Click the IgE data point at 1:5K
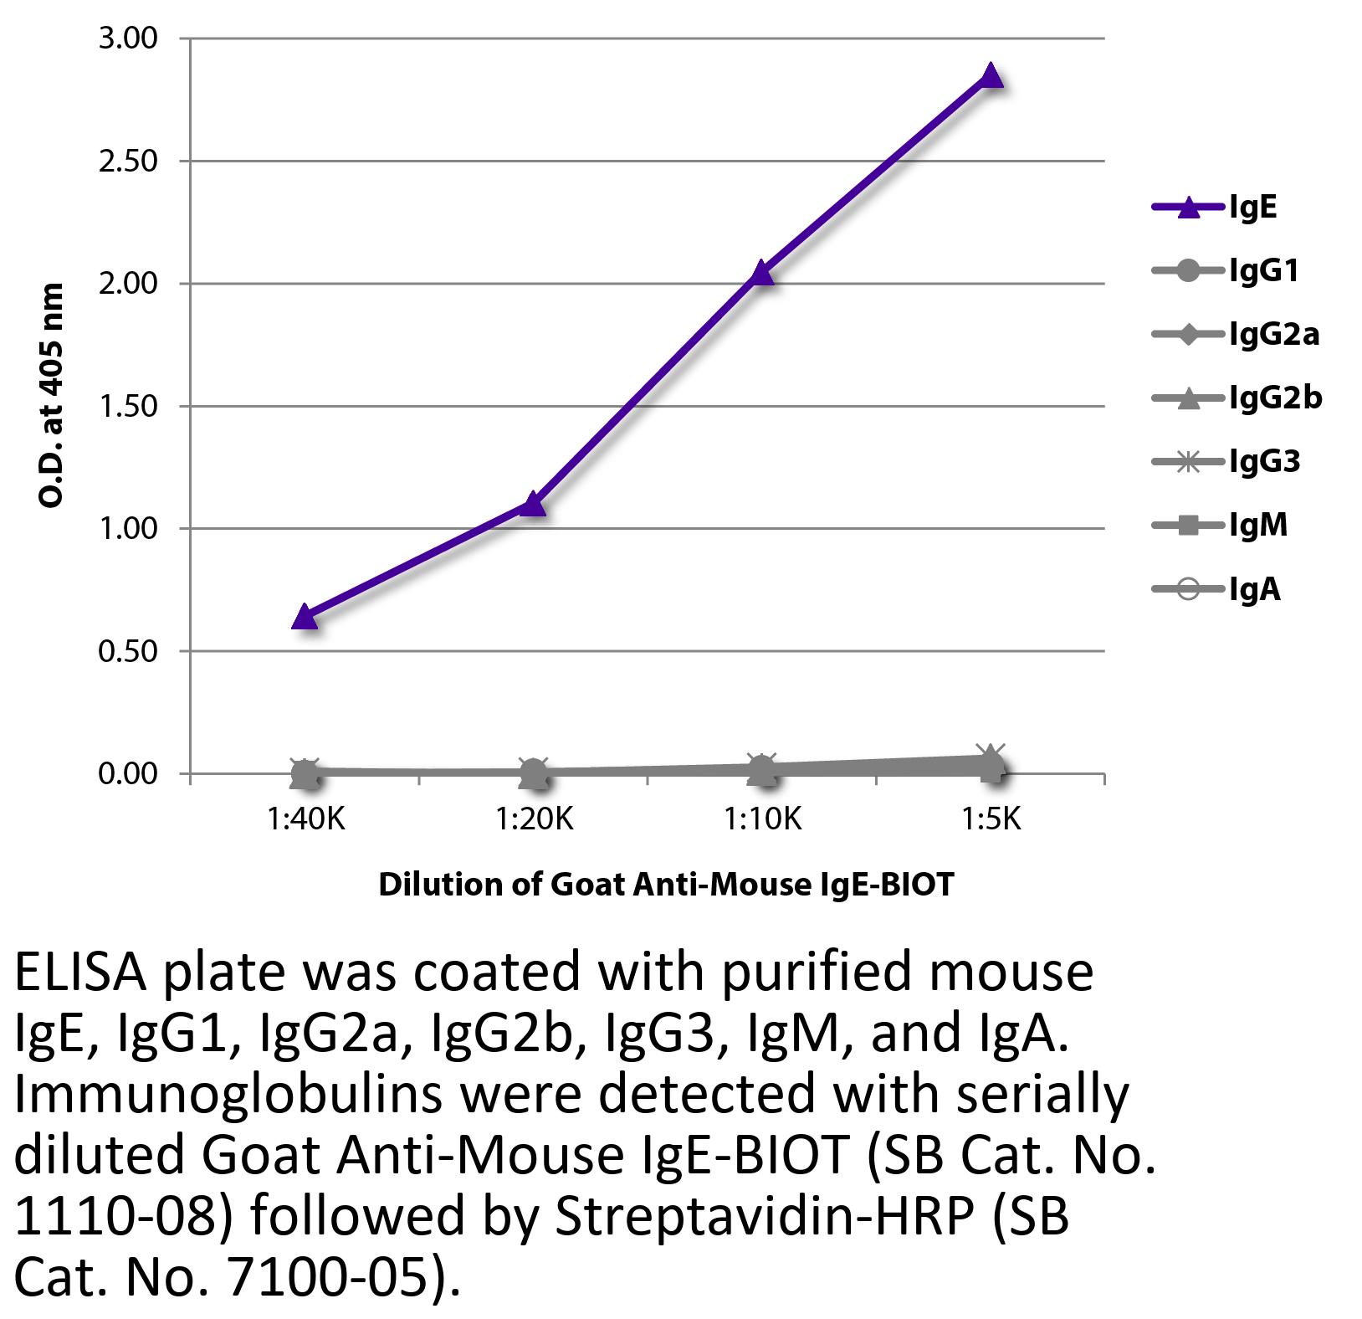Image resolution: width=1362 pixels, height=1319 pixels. pos(991,76)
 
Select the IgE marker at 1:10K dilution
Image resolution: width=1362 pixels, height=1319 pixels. pos(761,272)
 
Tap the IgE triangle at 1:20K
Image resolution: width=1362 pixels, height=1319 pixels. pos(533,504)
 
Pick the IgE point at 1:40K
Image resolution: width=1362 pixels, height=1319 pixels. pos(305,618)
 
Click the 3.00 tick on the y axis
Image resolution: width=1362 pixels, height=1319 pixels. pos(128,38)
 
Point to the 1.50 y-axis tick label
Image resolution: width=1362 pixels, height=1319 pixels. pos(128,406)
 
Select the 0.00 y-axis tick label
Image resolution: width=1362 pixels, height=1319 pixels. pos(128,773)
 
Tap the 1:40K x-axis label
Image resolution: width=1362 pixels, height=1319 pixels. pos(306,819)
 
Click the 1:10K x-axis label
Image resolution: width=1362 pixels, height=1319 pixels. pos(763,819)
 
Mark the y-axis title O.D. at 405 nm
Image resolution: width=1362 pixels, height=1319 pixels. pos(52,395)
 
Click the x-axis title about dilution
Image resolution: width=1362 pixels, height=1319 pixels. pos(666,885)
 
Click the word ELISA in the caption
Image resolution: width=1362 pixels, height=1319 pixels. pos(80,973)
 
